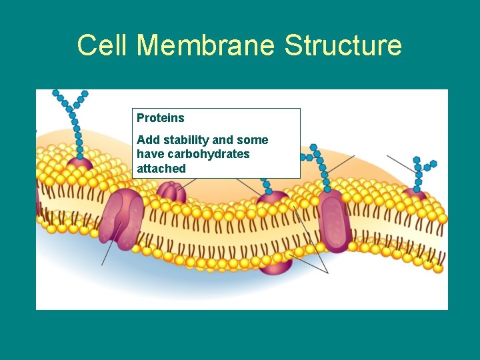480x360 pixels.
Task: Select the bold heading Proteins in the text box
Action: pos(161,118)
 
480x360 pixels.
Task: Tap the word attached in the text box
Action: pos(161,169)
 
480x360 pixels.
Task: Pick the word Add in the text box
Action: pos(147,140)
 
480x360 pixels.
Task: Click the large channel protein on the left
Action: pos(121,217)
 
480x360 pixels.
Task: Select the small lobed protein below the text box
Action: pos(171,193)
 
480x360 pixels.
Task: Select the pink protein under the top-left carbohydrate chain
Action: pos(79,164)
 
